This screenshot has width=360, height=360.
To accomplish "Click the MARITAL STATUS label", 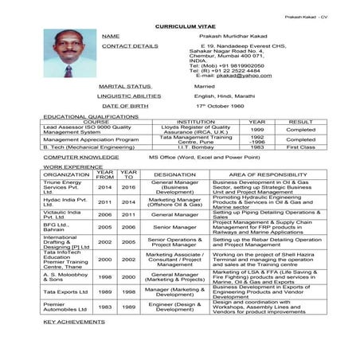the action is coord(124,85).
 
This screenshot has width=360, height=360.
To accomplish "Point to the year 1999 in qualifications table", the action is coord(256,129).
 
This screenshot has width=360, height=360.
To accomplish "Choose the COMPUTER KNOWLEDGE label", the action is coord(82,158).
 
